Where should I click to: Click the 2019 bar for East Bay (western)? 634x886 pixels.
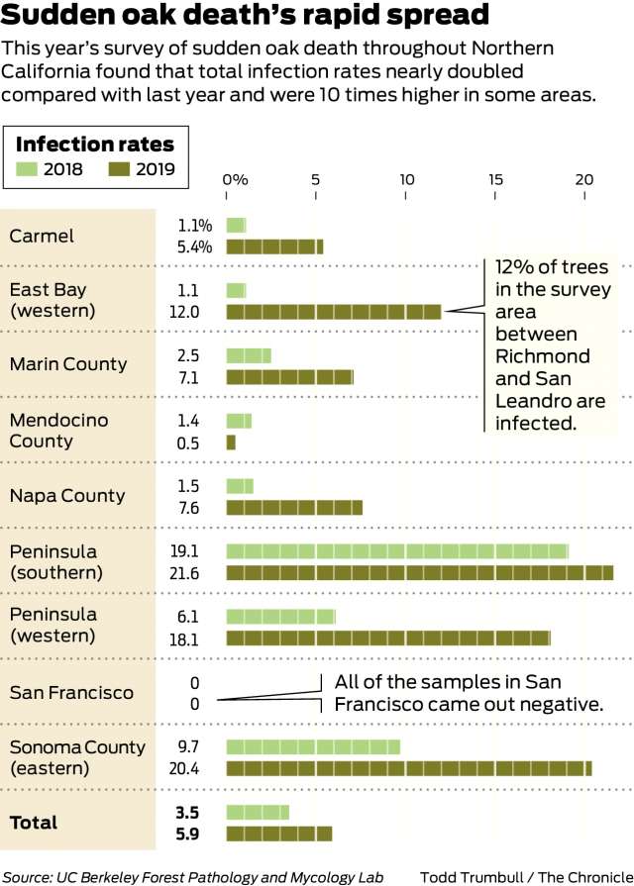click(334, 312)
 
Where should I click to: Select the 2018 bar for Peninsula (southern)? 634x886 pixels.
click(397, 551)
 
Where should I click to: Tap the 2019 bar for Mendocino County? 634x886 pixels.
click(231, 443)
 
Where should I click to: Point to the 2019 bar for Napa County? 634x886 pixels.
click(294, 508)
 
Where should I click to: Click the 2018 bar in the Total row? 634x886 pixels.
click(258, 812)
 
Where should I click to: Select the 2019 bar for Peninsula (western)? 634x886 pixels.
click(388, 638)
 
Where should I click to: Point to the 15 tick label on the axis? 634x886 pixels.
click(495, 179)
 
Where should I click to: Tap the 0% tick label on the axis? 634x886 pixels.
click(235, 179)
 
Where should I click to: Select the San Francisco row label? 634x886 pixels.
click(70, 692)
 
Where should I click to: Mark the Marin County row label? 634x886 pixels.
click(68, 363)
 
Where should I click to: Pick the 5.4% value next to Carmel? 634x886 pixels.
click(195, 246)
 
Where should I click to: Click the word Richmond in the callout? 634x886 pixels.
click(541, 355)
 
